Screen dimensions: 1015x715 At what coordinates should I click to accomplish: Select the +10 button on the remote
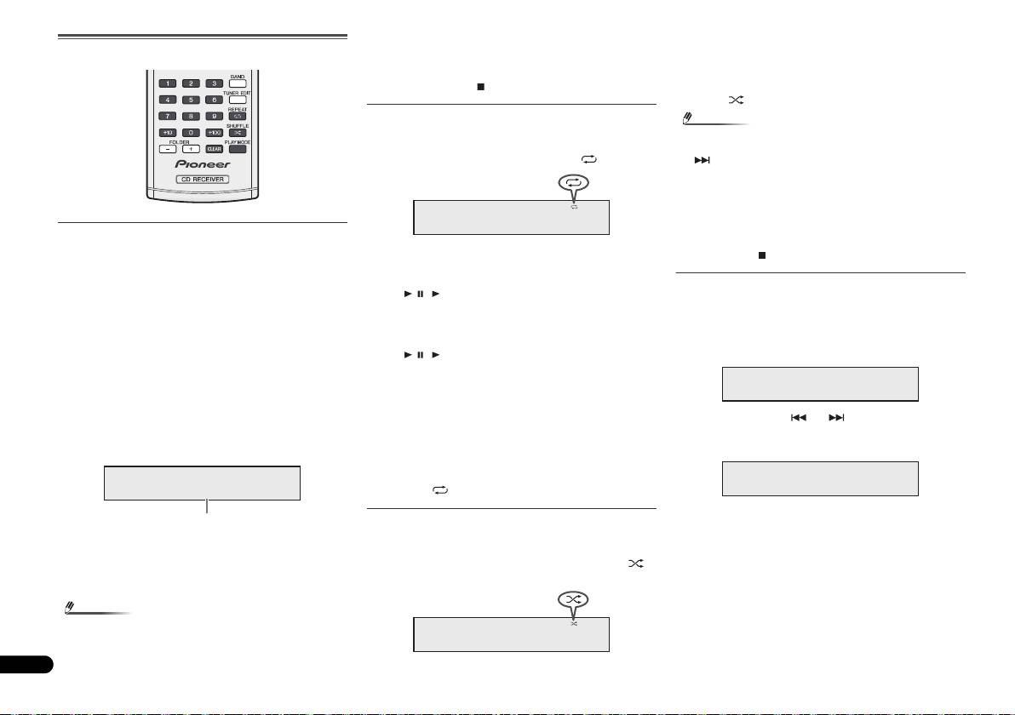(169, 132)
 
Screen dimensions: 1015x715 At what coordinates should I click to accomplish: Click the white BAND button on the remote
(238, 83)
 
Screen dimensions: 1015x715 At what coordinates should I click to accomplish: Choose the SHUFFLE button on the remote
(238, 132)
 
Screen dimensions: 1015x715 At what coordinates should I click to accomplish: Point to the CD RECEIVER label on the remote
(203, 180)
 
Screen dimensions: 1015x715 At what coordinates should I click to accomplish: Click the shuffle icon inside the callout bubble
(574, 600)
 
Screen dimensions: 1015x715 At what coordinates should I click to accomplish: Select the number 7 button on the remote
(169, 116)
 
